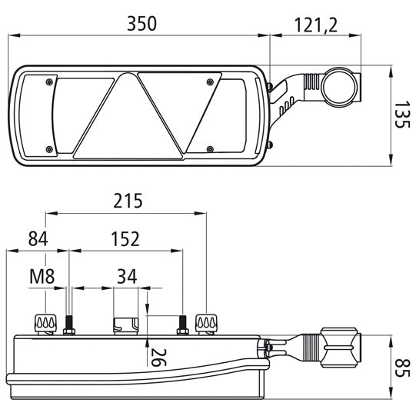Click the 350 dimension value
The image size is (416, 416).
tap(142, 24)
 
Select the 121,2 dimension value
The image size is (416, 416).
tap(316, 25)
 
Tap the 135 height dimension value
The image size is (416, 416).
tap(400, 115)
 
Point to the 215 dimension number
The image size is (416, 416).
tap(128, 201)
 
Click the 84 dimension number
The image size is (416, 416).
tap(38, 239)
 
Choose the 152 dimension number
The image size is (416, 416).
tap(125, 239)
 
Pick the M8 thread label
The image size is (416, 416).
tap(42, 277)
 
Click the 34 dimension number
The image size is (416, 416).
tap(127, 277)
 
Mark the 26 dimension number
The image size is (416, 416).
tap(158, 358)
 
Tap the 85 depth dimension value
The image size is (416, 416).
tap(400, 368)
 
